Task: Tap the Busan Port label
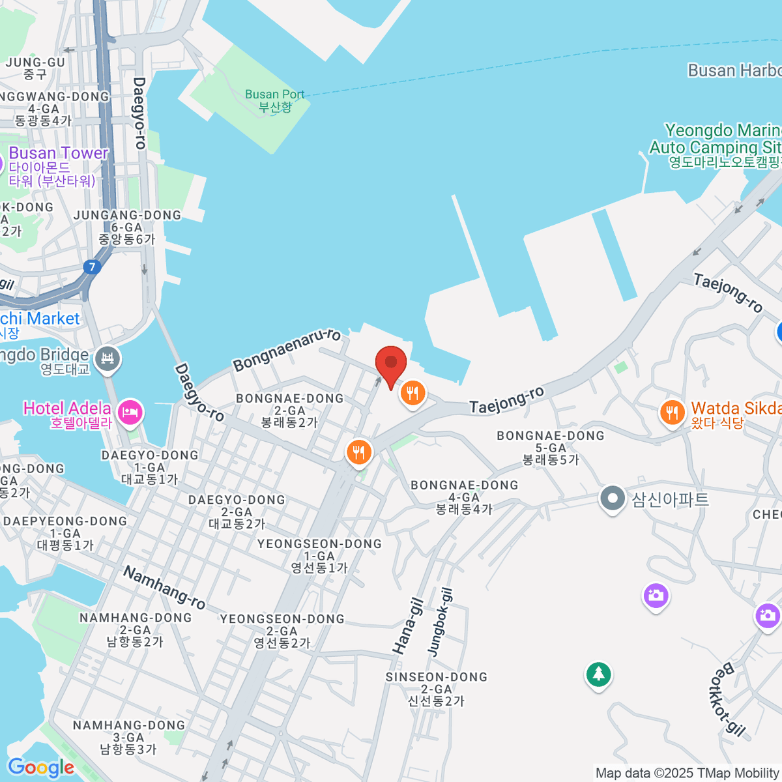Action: (x=274, y=100)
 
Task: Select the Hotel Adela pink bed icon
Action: (x=130, y=413)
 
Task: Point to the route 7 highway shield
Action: (x=93, y=267)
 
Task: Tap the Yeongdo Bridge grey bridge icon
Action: (x=108, y=358)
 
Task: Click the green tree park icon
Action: (x=598, y=674)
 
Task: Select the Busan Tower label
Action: (x=58, y=154)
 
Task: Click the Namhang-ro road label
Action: (x=164, y=588)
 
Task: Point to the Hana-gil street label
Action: (x=408, y=626)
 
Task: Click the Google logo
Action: (x=40, y=768)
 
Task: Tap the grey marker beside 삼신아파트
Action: (x=612, y=499)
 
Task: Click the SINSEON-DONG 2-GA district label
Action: (x=436, y=689)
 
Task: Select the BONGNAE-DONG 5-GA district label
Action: (x=551, y=447)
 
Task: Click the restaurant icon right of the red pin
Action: (x=412, y=394)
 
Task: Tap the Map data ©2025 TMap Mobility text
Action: (x=688, y=773)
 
